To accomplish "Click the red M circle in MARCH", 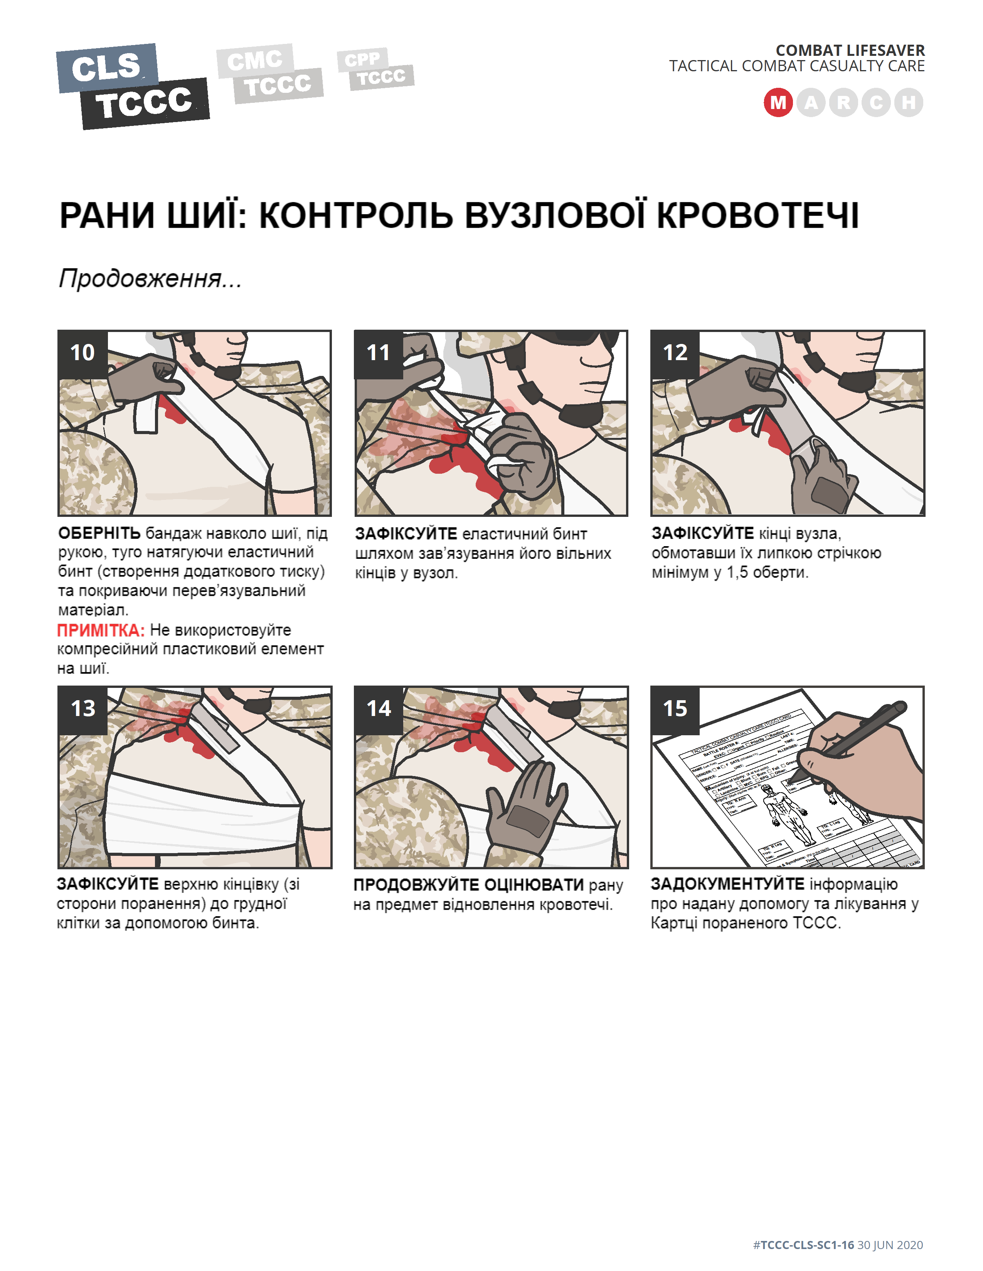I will pos(778,103).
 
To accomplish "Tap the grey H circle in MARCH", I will pos(909,103).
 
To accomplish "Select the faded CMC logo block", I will pos(254,60).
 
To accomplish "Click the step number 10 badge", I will pos(82,353).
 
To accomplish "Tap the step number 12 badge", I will pos(675,353).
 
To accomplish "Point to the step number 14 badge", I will pos(379,709).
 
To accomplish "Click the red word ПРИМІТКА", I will pos(100,630).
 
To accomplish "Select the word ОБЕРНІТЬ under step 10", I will pos(99,533).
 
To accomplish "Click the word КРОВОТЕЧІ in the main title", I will pos(757,216).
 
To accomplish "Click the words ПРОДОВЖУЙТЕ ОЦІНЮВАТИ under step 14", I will pos(468,885).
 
